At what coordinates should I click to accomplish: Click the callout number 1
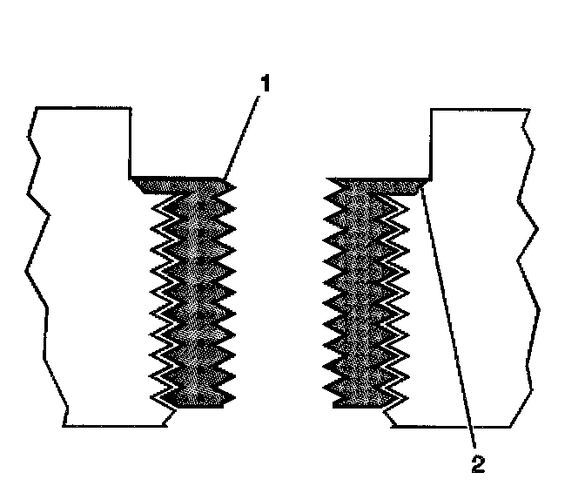[266, 85]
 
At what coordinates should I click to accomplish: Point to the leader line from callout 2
[448, 322]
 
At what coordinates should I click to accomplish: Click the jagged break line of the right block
[526, 261]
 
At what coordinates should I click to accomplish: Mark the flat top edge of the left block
[83, 108]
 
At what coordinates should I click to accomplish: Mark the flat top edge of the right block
[479, 109]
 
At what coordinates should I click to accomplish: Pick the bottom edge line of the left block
[113, 426]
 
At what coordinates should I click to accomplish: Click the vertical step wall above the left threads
[131, 141]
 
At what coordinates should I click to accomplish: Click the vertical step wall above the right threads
[432, 141]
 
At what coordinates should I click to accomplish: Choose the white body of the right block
[470, 261]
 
